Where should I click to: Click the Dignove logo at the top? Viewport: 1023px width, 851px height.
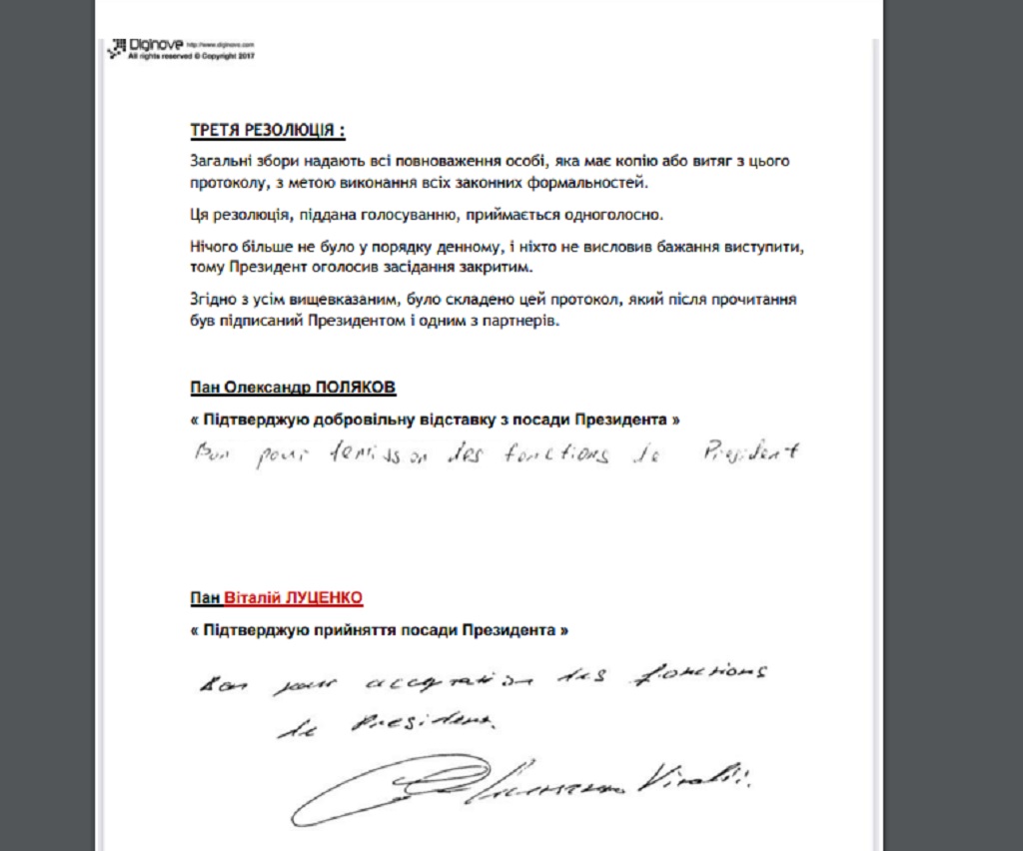[x=146, y=45]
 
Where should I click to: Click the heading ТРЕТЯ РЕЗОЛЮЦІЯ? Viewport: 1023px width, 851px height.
[x=268, y=131]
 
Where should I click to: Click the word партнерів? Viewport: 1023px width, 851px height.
[x=520, y=324]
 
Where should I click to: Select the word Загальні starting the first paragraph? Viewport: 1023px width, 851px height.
[x=221, y=161]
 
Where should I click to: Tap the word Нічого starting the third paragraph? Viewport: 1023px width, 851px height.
[x=213, y=246]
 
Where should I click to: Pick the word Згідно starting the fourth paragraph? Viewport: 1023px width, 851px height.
[x=211, y=300]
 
